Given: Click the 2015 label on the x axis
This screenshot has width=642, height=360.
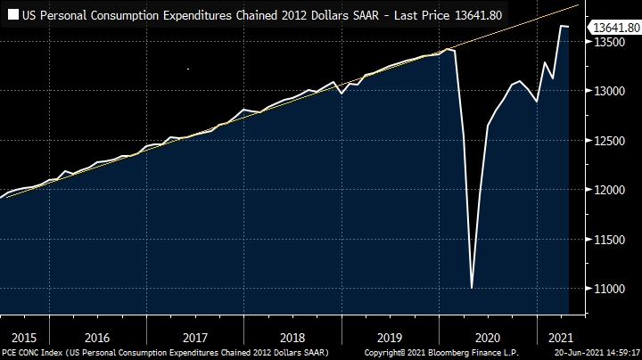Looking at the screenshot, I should tap(24, 338).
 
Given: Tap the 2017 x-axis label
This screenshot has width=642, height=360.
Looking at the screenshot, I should tap(194, 338).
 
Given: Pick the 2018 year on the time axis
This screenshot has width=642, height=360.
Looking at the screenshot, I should tap(292, 338).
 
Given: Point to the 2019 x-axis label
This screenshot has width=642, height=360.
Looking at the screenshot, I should tap(390, 338).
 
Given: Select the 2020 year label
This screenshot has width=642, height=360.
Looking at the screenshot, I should tap(488, 338).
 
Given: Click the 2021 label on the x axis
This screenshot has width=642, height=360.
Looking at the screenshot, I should tap(560, 338).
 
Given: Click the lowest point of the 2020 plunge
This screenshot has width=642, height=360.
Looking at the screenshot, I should tap(471, 288).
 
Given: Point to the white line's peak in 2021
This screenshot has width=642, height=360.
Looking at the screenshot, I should tap(562, 26).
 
